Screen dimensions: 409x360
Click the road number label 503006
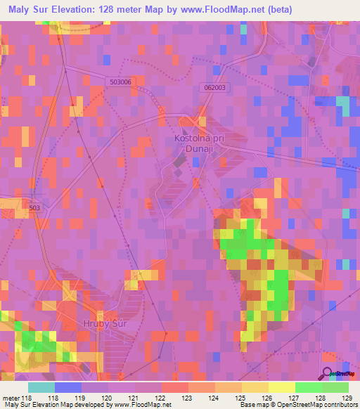click(121, 82)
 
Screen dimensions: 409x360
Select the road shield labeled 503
click(36, 208)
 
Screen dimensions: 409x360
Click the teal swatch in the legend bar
click(41, 387)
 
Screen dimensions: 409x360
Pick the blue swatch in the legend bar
click(68, 387)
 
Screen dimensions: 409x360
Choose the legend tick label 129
click(345, 398)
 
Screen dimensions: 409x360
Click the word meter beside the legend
click(10, 398)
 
